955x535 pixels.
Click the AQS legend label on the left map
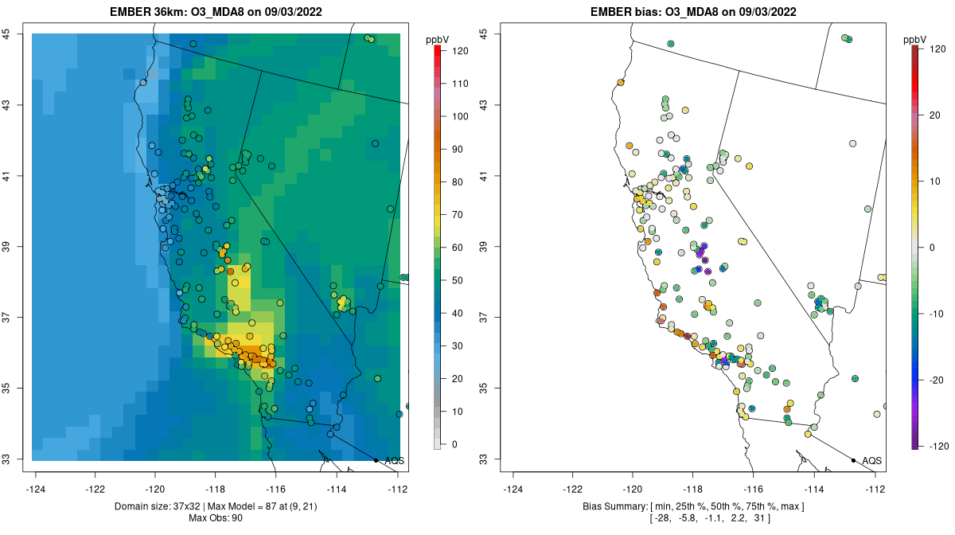pyautogui.click(x=395, y=461)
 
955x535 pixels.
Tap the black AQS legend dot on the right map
pyautogui.click(x=852, y=460)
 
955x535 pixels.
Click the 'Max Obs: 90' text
pyautogui.click(x=216, y=518)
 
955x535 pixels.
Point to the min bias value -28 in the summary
pyautogui.click(x=659, y=518)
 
